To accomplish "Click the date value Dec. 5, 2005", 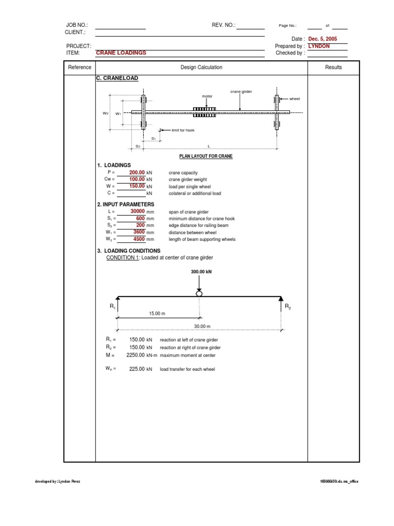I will (x=323, y=39).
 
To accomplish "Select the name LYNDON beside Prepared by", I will (x=319, y=46).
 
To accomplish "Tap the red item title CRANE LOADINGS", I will (x=121, y=53).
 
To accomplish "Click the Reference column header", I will (x=80, y=67).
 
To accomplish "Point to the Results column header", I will (x=333, y=67).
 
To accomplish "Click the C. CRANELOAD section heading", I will (x=117, y=79).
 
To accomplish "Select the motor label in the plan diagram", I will (x=207, y=96).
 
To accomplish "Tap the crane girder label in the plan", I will (x=241, y=91).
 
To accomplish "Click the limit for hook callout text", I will (x=183, y=130).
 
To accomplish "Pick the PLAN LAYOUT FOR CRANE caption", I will (x=206, y=156).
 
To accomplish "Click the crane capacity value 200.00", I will (x=137, y=173).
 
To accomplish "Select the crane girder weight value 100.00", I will (x=137, y=179).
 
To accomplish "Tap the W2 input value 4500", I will (x=139, y=239).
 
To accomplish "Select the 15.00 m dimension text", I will (x=157, y=313).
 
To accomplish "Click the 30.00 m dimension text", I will (x=202, y=326).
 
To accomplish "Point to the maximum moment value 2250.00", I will (x=135, y=355).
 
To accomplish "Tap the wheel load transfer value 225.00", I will (x=137, y=369).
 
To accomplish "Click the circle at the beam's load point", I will (x=199, y=293).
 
